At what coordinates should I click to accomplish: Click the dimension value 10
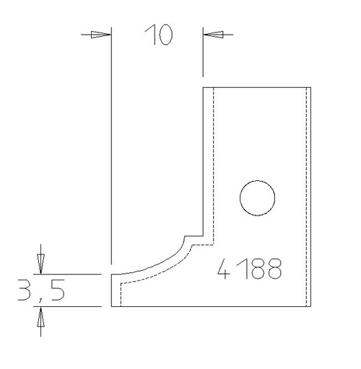coord(158,35)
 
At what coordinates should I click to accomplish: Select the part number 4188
coord(250,270)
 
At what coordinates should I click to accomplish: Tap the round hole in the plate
coord(258,197)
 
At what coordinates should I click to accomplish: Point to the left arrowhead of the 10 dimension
coord(102,34)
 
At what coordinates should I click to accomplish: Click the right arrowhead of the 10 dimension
coord(214,34)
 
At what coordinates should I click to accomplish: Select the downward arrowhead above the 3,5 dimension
coord(40,264)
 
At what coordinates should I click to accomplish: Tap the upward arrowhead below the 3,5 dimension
coord(40,317)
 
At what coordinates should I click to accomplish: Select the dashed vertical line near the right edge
coord(308,195)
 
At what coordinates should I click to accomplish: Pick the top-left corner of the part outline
coord(203,87)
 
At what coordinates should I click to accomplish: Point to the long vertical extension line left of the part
coord(110,144)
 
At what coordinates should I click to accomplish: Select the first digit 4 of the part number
coord(225,270)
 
